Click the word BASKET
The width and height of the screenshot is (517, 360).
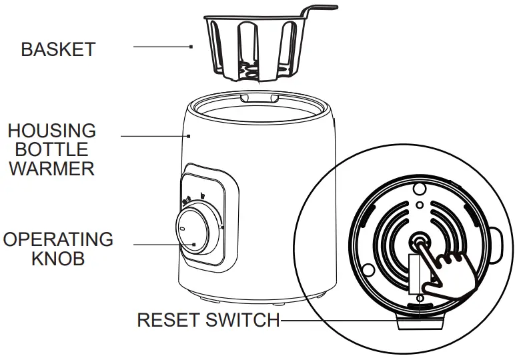click(x=58, y=49)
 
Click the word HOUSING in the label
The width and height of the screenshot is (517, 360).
click(x=52, y=130)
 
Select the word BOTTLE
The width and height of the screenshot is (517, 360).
click(x=52, y=149)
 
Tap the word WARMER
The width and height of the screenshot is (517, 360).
click(x=52, y=168)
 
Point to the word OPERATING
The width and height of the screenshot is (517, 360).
click(x=58, y=239)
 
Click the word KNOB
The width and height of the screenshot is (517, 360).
click(x=58, y=259)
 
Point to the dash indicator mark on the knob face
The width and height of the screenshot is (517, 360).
click(x=181, y=229)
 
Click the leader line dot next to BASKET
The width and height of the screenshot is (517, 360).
click(x=191, y=47)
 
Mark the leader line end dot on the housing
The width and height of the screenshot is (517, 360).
click(x=191, y=135)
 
